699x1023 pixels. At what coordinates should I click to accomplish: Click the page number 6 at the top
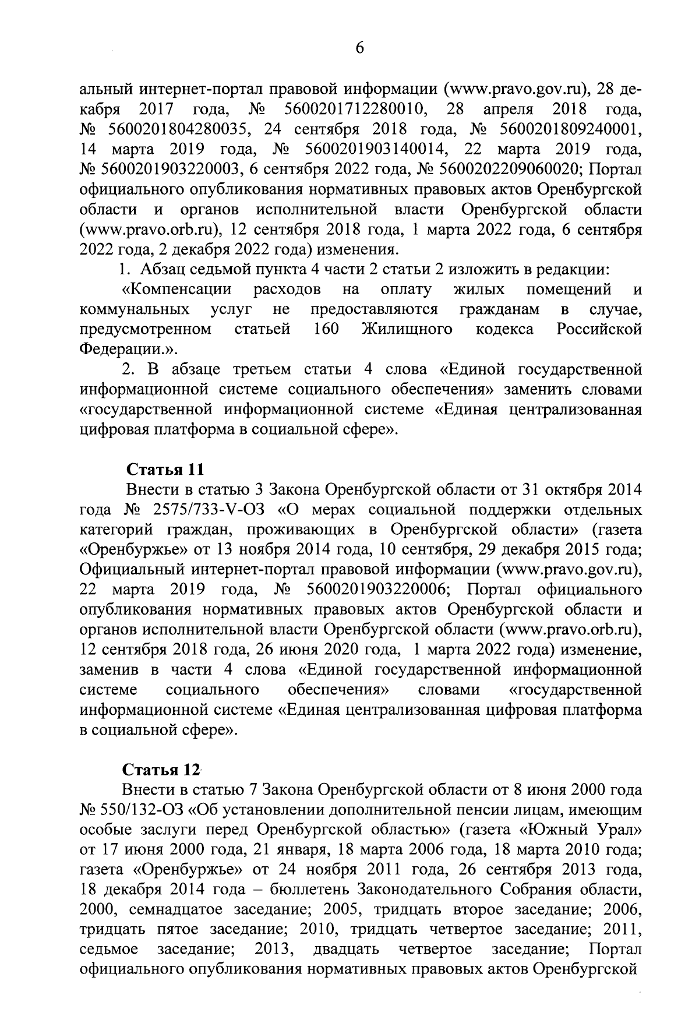[x=359, y=48]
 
